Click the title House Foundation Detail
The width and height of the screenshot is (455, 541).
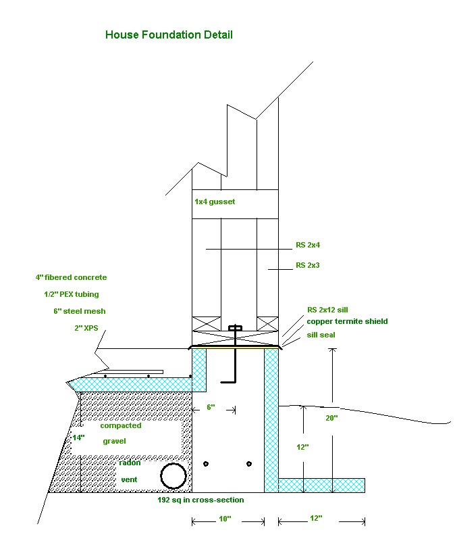(x=169, y=34)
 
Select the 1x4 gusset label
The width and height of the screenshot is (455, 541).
(x=215, y=202)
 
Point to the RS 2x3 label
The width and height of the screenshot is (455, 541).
(x=308, y=266)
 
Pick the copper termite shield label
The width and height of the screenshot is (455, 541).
(x=347, y=321)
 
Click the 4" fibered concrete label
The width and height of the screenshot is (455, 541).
(x=71, y=277)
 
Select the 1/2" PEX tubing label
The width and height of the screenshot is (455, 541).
(x=72, y=294)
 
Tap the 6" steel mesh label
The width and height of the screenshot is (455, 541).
(x=80, y=311)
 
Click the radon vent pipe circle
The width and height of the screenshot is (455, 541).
(x=173, y=476)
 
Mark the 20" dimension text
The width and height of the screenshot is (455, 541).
(x=331, y=418)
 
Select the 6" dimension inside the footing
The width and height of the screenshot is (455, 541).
(x=210, y=407)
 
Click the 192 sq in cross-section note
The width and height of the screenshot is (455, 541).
(x=200, y=500)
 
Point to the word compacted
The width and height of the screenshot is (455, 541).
(x=121, y=425)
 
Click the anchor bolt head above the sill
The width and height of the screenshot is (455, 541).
(x=235, y=330)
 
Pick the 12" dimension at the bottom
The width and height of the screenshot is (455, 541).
(x=315, y=518)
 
